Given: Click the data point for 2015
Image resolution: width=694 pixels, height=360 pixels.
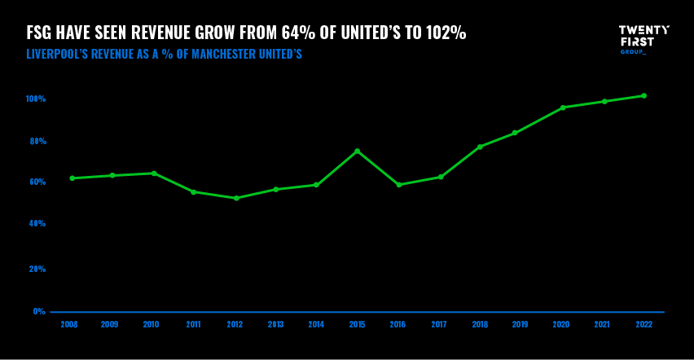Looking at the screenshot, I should (357, 151).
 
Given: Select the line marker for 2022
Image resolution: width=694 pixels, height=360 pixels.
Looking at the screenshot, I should (643, 95).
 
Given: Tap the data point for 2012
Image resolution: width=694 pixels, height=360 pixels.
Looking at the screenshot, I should (236, 198).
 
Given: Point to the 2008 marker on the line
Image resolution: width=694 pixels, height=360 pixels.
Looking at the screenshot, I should (72, 178).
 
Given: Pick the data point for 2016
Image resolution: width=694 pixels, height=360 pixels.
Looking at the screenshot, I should (398, 185).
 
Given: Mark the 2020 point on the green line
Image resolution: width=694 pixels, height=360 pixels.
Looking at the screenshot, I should (563, 108).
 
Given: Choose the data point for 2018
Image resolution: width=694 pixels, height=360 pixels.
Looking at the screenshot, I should (480, 147).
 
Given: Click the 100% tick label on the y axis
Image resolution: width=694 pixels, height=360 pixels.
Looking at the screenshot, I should (36, 99).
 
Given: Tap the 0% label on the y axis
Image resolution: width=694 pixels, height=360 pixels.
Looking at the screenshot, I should (39, 311).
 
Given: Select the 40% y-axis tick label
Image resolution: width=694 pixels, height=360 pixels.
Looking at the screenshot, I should (37, 223).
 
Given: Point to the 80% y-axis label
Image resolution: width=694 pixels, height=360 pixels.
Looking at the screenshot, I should (37, 141).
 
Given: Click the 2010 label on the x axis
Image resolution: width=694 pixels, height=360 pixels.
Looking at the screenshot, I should (151, 324).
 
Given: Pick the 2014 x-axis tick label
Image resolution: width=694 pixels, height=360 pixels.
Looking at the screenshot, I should (316, 324).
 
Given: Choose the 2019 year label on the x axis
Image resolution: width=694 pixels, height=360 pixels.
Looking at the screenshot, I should (520, 324).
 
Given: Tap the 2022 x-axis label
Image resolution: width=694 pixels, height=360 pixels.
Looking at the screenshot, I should (643, 324).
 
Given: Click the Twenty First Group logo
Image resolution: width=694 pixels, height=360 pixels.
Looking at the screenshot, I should (643, 39).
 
